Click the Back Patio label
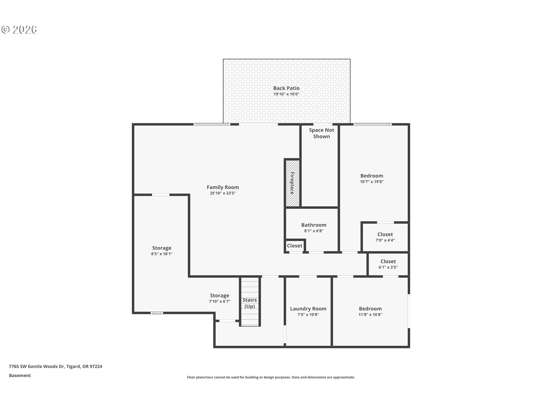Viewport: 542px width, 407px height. (x=286, y=88)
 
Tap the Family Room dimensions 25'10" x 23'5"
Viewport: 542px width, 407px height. (x=223, y=193)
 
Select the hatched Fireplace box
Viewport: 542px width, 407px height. (x=292, y=183)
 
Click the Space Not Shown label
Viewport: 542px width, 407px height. (x=321, y=133)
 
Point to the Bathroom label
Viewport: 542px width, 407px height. (x=314, y=225)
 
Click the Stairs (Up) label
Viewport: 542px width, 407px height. (x=250, y=303)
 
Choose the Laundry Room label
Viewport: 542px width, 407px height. (x=308, y=309)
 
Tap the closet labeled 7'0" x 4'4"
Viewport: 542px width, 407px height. (x=385, y=237)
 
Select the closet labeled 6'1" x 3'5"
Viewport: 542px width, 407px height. (x=388, y=264)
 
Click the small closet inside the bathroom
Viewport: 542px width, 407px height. (x=294, y=246)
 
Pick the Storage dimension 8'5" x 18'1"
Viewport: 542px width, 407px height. (x=161, y=254)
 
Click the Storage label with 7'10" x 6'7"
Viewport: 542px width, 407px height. (x=219, y=296)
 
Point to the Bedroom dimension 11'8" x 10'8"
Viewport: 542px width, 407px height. (x=370, y=315)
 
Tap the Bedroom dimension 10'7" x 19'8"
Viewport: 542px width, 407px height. (x=371, y=182)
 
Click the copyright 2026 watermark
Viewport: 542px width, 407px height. (x=19, y=30)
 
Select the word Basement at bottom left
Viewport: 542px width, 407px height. (x=20, y=376)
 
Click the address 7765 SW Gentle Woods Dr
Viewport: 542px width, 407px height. (x=55, y=367)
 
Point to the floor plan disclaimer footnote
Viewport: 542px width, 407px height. (x=271, y=377)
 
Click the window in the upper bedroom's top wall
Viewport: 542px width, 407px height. (x=372, y=124)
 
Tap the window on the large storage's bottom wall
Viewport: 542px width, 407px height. (x=157, y=313)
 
